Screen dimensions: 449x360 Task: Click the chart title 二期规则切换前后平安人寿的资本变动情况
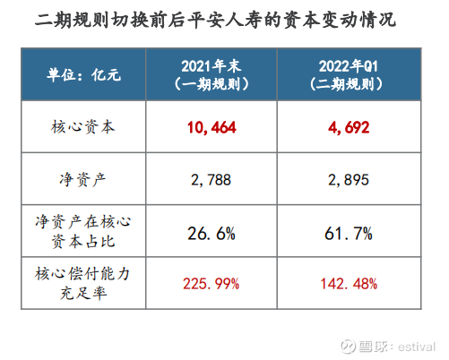tap(215, 21)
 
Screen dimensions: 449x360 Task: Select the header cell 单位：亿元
tap(83, 74)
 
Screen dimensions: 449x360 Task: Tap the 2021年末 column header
tap(212, 66)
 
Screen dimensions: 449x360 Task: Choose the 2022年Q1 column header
tap(349, 66)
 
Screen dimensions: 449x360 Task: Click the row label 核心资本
tap(83, 127)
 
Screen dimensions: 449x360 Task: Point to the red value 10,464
tap(212, 127)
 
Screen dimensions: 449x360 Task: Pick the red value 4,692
tap(349, 127)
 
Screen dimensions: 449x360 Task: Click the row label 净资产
tap(82, 180)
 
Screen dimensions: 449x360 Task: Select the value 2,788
tap(212, 180)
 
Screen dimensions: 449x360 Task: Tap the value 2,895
tap(349, 180)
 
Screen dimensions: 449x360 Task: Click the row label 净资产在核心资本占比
tap(83, 231)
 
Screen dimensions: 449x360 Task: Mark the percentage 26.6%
tap(212, 234)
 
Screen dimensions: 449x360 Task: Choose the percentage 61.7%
tap(349, 234)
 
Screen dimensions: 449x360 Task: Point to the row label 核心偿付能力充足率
tap(82, 283)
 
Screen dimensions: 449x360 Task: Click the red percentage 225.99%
tap(212, 284)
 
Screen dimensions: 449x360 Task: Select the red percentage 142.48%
tap(349, 284)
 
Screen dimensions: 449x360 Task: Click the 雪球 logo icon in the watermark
tap(349, 347)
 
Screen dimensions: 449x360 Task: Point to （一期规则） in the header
tap(212, 84)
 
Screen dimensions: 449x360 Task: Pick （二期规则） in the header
tap(346, 84)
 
